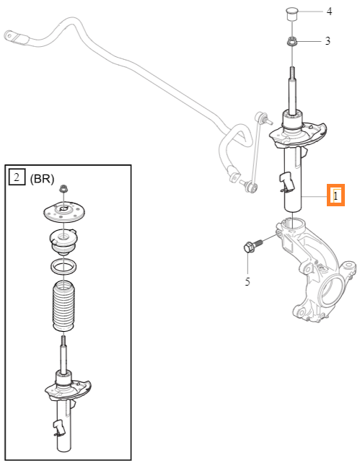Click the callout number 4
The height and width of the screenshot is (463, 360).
(329, 12)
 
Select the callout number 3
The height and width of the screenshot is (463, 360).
(328, 41)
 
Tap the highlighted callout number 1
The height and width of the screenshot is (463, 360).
(335, 195)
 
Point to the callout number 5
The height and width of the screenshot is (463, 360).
(247, 281)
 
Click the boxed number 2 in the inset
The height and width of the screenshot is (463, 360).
(17, 177)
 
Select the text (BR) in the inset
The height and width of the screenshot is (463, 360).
(43, 179)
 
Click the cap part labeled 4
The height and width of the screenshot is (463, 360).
(291, 14)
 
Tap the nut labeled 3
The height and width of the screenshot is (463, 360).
(292, 41)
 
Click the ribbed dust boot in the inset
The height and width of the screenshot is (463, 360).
(63, 306)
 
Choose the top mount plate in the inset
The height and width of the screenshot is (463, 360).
(64, 211)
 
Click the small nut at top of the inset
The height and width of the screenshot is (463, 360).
(63, 188)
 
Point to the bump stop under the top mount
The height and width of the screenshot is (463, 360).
(63, 241)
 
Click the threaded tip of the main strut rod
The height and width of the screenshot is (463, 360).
(292, 72)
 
